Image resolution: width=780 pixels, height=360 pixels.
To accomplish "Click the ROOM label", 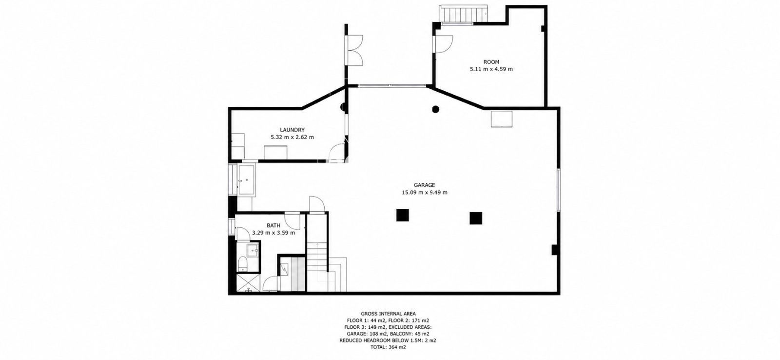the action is click(x=491, y=62).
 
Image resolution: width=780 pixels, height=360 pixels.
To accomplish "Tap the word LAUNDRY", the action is click(x=292, y=130).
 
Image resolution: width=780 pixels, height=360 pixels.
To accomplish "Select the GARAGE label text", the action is click(x=425, y=185).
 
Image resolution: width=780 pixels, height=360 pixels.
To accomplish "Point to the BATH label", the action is click(x=273, y=225).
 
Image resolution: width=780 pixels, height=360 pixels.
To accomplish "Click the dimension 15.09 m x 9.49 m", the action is click(x=425, y=192).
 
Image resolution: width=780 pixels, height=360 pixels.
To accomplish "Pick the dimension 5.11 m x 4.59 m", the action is click(x=491, y=69).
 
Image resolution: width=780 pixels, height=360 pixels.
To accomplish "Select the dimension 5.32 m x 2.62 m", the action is click(x=292, y=137).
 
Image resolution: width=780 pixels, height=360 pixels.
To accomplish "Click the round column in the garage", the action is click(x=435, y=109).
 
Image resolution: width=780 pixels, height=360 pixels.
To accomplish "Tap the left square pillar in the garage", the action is click(x=403, y=215).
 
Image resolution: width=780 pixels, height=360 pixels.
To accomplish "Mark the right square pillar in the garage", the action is click(x=476, y=218).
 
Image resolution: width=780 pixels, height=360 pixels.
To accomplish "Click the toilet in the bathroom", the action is click(x=242, y=264).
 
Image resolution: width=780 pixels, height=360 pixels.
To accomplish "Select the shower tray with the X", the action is click(x=248, y=282).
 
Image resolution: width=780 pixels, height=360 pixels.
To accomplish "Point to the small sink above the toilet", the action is click(x=252, y=250).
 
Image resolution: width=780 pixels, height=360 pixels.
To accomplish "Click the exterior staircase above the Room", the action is click(x=463, y=14).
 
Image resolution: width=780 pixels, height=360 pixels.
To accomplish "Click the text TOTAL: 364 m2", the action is click(x=388, y=347).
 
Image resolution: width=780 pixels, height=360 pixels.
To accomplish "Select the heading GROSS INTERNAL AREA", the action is click(x=388, y=314).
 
